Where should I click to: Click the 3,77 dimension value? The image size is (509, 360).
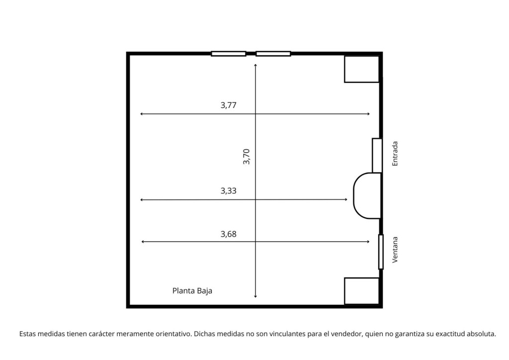coord(229,105)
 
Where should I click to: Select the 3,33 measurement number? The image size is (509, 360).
coord(229,191)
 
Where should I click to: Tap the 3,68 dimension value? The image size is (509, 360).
coord(229,234)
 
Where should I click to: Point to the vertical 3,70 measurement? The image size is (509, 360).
coord(247,157)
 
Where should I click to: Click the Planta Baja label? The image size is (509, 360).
coord(192,291)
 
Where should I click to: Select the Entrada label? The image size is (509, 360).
coord(395,154)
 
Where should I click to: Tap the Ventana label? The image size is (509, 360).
coord(395,250)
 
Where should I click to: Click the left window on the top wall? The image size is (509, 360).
coord(229,54)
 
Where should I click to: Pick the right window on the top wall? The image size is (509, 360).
coord(273,54)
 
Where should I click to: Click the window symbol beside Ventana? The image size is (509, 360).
coord(381,252)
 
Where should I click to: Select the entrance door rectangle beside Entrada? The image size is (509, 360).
coord(377,156)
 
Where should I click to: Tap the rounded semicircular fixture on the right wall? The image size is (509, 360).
coord(354,196)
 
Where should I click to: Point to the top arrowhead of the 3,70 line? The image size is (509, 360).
coord(255,65)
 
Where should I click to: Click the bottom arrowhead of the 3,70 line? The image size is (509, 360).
coord(255,296)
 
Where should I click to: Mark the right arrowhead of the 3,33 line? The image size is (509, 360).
coord(346,199)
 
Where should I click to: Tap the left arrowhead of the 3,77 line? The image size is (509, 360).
coord(141,114)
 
